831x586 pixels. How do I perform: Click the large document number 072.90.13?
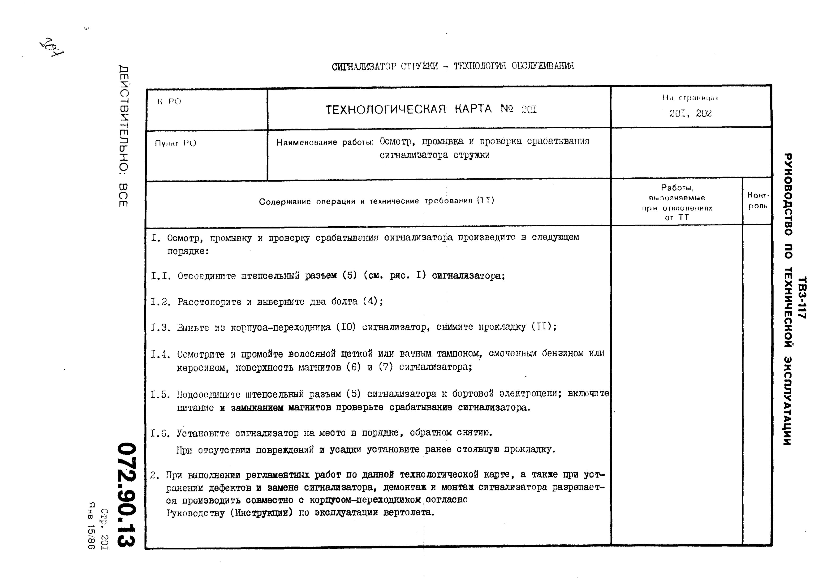click(x=126, y=494)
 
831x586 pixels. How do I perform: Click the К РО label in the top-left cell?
click(x=169, y=102)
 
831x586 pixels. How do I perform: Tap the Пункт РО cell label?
click(x=176, y=143)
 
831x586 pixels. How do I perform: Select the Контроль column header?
click(x=758, y=201)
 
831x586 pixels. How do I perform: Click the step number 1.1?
click(x=161, y=276)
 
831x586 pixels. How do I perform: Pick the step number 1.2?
click(x=161, y=302)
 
